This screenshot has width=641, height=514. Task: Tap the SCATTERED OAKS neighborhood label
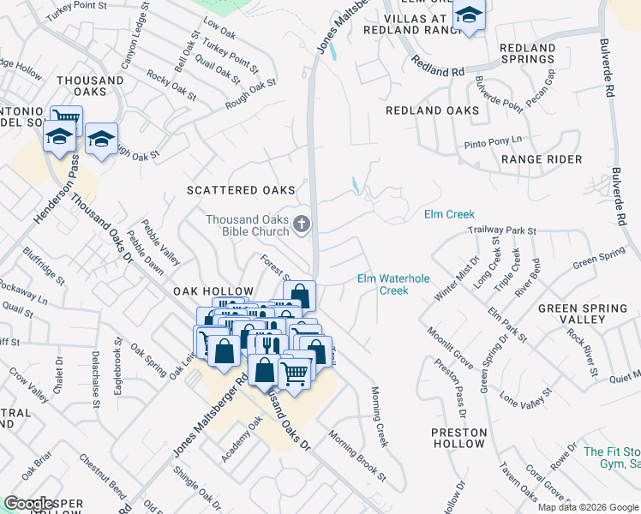click(241, 190)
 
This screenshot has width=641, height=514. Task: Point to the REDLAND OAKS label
click(432, 111)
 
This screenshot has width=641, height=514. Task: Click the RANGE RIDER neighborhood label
click(542, 159)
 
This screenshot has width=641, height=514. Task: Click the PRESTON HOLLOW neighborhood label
click(459, 438)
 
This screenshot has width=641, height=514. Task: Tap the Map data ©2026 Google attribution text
click(587, 507)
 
